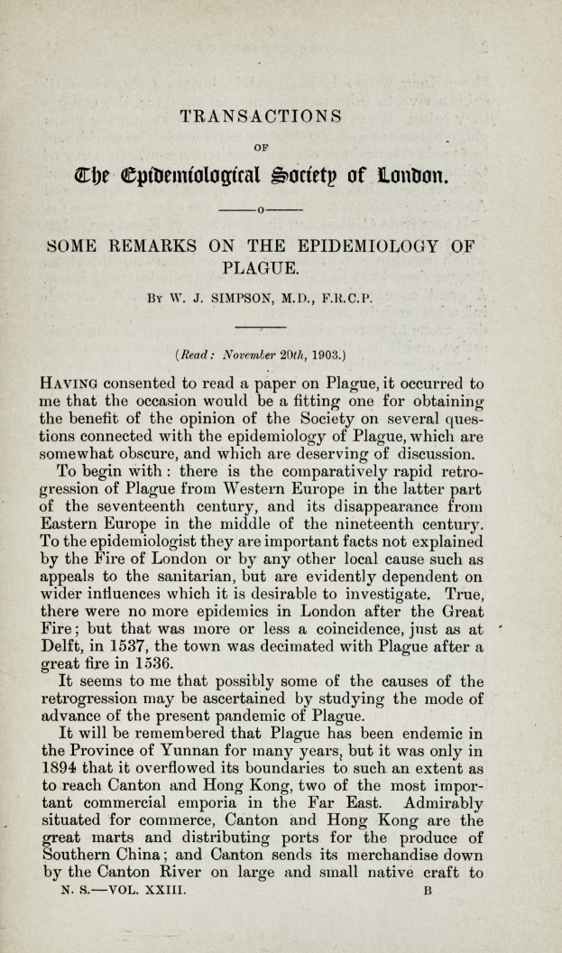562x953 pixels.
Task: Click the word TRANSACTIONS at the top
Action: (x=261, y=116)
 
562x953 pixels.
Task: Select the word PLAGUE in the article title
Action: (x=261, y=269)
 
